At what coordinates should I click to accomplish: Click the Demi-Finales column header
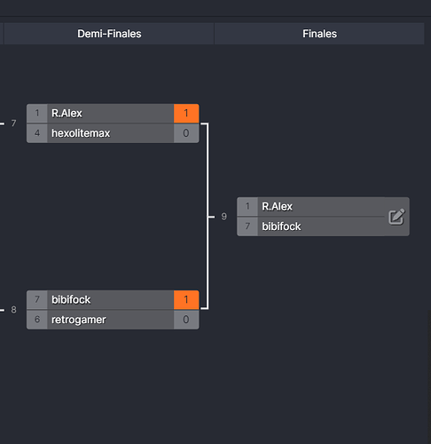pos(109,34)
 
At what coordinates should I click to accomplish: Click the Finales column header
pos(319,34)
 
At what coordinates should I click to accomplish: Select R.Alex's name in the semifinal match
pos(67,113)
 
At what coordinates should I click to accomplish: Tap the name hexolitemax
pos(81,133)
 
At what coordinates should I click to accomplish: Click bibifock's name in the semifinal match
pos(71,299)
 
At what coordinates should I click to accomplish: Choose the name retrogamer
pos(79,320)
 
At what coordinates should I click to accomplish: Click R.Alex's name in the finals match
pos(277,206)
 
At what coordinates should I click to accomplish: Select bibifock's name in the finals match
pos(281,226)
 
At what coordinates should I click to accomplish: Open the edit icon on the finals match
pos(396,217)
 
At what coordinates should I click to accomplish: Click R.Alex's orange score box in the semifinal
pos(186,113)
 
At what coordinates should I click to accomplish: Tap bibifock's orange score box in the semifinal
pos(186,299)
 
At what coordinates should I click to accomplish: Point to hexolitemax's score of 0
pos(186,133)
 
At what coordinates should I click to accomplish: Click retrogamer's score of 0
pos(186,320)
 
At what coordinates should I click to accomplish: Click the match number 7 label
pos(13,123)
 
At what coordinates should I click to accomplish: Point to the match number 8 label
pos(13,310)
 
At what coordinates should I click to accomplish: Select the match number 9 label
pos(224,217)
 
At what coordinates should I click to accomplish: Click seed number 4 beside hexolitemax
pos(37,133)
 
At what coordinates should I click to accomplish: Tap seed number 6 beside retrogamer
pos(37,320)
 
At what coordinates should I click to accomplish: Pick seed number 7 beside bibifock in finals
pos(247,226)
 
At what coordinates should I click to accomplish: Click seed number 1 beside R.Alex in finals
pos(247,206)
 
